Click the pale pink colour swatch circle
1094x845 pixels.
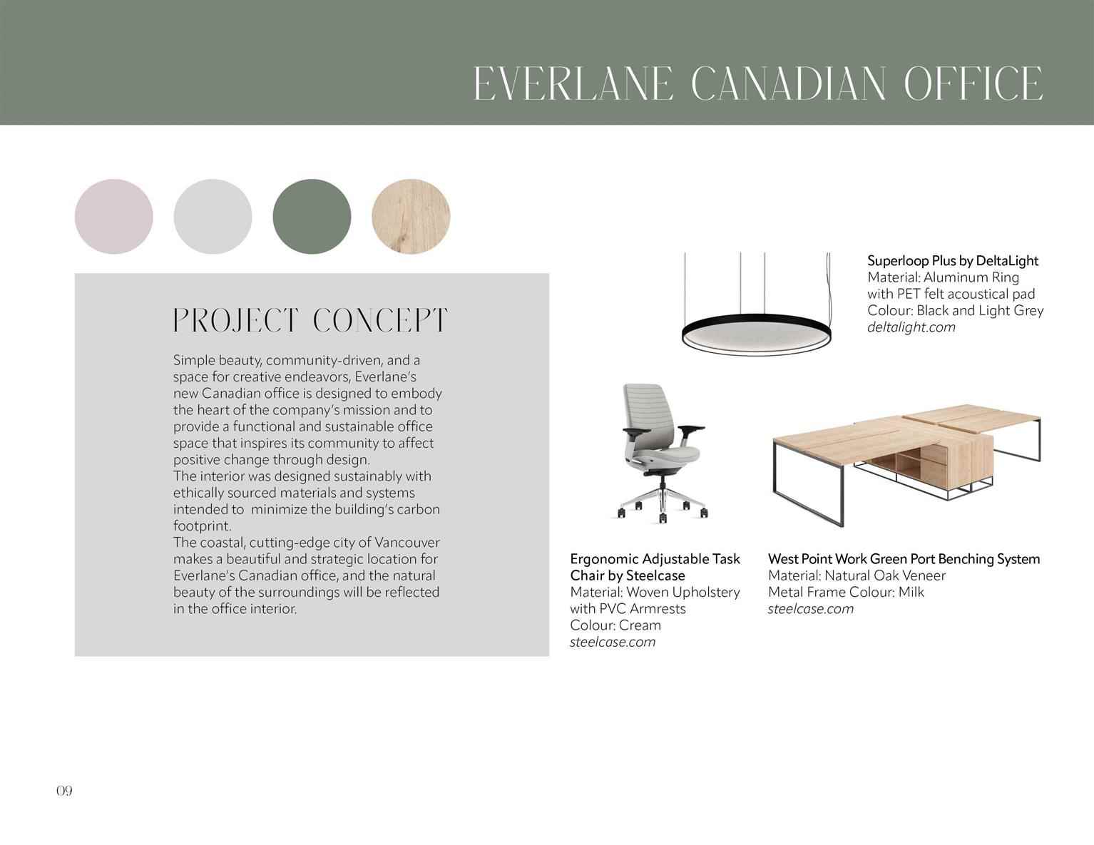[x=114, y=216]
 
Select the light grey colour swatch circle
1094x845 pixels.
[x=213, y=216]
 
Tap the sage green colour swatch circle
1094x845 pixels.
[x=312, y=216]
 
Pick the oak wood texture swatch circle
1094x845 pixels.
[x=411, y=216]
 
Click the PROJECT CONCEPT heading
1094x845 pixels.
[x=310, y=321]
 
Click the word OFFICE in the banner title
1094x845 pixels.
[x=973, y=83]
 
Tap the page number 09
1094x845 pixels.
[x=64, y=791]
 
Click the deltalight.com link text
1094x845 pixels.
[x=911, y=327]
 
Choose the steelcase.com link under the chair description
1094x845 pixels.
[x=613, y=642]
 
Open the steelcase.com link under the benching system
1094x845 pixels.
[x=811, y=608]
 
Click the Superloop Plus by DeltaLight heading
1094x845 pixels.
[x=953, y=261]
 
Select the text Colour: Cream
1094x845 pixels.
[x=615, y=625]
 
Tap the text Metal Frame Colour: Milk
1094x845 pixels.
[x=846, y=592]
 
